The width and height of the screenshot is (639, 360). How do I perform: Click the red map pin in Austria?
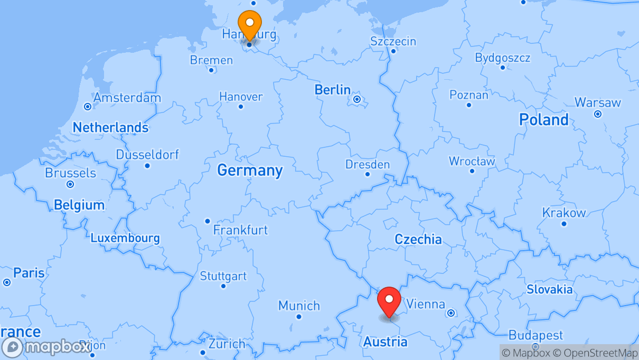click(x=389, y=301)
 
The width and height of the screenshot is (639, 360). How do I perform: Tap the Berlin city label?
click(x=333, y=90)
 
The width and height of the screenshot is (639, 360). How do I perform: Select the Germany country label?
click(x=250, y=170)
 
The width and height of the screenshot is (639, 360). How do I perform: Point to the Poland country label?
click(x=543, y=120)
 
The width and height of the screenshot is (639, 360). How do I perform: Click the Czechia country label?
click(x=418, y=239)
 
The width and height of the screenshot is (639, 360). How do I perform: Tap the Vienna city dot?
click(x=451, y=313)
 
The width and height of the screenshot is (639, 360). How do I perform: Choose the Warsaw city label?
click(x=598, y=102)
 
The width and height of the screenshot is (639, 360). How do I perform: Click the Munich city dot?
click(x=299, y=317)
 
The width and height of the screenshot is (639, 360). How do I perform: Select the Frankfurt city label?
click(x=240, y=230)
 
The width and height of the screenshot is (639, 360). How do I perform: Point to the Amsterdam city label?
click(x=127, y=98)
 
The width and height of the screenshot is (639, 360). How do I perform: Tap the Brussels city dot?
click(x=70, y=184)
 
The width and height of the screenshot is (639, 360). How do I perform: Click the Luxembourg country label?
click(x=125, y=238)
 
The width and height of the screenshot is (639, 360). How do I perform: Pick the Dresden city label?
click(x=368, y=164)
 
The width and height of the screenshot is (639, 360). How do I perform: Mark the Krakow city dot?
click(x=564, y=224)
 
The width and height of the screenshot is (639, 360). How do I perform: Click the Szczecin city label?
click(x=393, y=41)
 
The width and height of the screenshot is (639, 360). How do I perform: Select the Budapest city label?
click(x=535, y=335)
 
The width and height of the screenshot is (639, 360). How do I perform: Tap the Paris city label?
click(x=29, y=273)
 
